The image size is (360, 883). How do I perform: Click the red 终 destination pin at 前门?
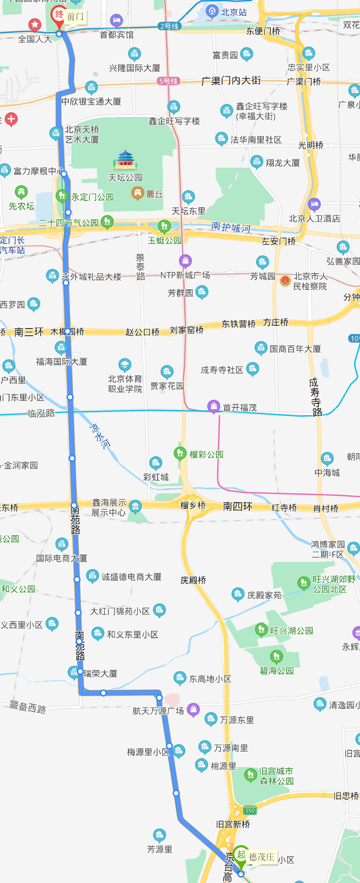tap(58, 15)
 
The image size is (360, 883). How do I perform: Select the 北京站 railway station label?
tap(233, 12)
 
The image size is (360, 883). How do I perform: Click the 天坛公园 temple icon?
tap(125, 160)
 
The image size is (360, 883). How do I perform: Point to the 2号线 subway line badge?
tap(169, 26)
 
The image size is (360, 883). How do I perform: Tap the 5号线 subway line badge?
tap(168, 81)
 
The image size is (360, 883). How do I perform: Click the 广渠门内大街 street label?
tap(231, 80)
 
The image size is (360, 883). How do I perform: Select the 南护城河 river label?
tap(231, 227)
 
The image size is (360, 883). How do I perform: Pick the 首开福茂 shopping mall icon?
tap(213, 406)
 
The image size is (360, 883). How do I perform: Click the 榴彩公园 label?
tap(206, 454)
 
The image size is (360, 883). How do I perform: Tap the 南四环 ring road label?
tap(238, 506)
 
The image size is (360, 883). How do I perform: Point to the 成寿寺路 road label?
tap(315, 397)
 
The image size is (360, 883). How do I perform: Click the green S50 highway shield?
tap(250, 811)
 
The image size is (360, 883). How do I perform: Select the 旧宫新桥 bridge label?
tap(233, 824)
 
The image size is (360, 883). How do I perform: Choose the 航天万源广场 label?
tap(158, 711)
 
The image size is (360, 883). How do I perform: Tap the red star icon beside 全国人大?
tap(35, 24)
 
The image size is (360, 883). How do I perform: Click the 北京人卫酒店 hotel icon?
tap(314, 205)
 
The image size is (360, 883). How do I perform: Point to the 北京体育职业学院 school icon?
tap(125, 365)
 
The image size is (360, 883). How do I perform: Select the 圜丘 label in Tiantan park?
tap(154, 194)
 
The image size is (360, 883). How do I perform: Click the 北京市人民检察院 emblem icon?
tap(285, 280)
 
